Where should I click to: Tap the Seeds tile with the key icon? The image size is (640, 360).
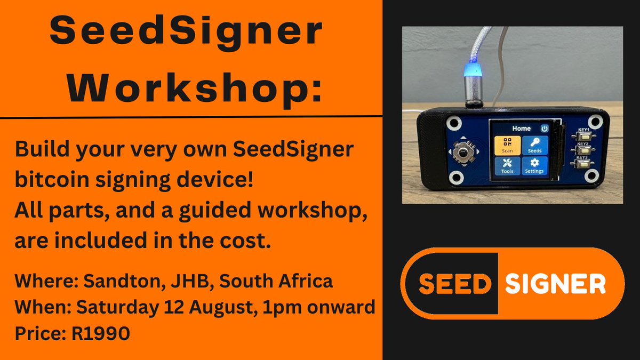pos(534,145)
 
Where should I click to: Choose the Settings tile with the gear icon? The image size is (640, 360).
pos(534,166)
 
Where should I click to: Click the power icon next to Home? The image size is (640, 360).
pos(544,129)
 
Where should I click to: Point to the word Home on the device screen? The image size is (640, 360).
pos(521,129)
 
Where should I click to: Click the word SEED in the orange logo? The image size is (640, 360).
pos(453,284)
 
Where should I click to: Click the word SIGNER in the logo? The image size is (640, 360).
pos(555,284)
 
